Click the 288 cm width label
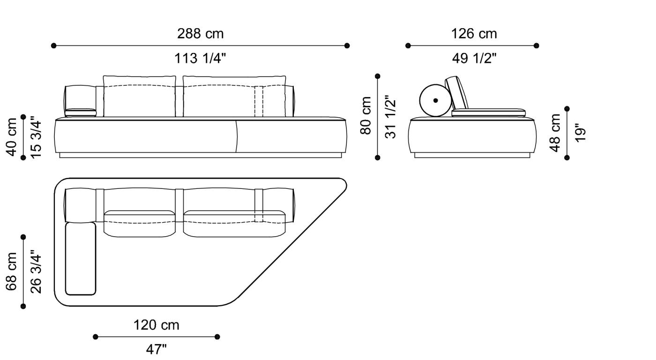200,34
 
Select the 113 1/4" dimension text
200,59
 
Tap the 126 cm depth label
474,34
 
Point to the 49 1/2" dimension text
474,59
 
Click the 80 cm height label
366,116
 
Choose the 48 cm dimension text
555,133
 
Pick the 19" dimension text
580,133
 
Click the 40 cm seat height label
12,136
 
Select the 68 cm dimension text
12,272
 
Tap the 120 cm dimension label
156,325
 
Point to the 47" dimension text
156,349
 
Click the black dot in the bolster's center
436,100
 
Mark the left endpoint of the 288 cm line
54,45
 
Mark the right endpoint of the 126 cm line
537,45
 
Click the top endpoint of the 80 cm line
378,76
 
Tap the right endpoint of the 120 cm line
217,337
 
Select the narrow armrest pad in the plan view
81,259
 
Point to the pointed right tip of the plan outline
345,186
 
